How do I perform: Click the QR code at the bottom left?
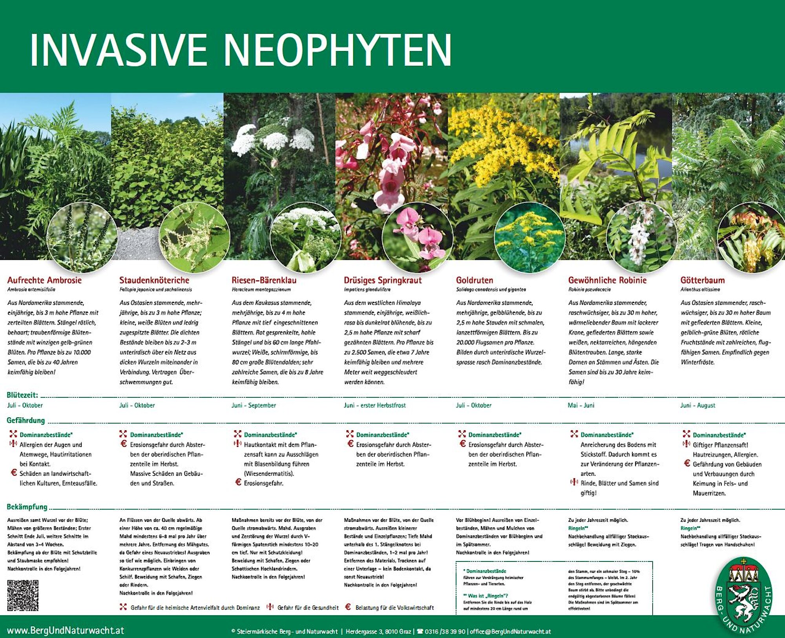[23, 595]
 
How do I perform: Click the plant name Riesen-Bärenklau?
[264, 280]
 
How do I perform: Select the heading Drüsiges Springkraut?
[383, 280]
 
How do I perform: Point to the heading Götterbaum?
[702, 280]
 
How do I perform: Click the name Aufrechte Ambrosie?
[44, 280]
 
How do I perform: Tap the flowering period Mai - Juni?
[581, 405]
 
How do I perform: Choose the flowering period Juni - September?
[254, 405]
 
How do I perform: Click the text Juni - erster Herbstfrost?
[374, 405]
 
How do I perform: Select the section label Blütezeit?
[22, 395]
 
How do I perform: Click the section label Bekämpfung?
[27, 506]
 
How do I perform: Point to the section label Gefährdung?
[26, 420]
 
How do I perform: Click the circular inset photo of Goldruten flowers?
[529, 238]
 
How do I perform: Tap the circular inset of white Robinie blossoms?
[641, 238]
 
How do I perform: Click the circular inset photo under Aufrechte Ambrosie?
[82, 238]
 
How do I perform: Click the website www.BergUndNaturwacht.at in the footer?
[66, 631]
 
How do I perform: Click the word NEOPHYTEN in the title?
[338, 50]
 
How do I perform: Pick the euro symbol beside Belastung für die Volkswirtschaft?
[348, 607]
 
